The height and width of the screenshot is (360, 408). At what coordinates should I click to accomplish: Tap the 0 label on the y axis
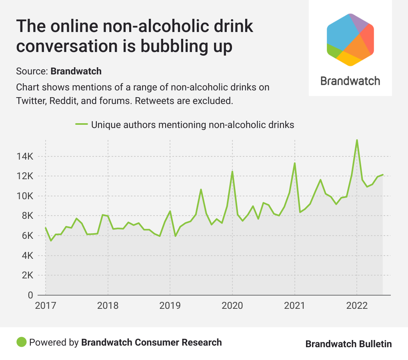[x=30, y=296]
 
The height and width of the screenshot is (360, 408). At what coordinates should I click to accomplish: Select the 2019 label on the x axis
[x=170, y=306]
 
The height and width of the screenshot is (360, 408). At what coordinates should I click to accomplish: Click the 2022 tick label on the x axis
[x=357, y=306]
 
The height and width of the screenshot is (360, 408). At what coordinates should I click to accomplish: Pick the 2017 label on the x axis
[x=45, y=306]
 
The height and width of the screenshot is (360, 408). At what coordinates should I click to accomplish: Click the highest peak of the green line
[x=357, y=140]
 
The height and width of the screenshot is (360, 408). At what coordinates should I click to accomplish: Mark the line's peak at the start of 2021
[x=295, y=163]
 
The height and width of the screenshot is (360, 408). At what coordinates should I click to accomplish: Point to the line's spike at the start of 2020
[x=232, y=172]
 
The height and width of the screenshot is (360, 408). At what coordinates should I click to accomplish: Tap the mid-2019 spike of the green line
[x=201, y=189]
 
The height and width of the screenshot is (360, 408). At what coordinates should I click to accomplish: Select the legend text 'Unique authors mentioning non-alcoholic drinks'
[x=192, y=125]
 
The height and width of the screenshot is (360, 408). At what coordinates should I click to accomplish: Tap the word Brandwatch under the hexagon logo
[x=350, y=81]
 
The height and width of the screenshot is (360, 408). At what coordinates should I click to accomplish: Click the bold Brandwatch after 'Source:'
[x=76, y=72]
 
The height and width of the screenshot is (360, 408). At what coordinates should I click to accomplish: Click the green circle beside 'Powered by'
[x=21, y=342]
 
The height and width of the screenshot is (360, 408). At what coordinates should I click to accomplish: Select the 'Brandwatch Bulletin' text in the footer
[x=348, y=344]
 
